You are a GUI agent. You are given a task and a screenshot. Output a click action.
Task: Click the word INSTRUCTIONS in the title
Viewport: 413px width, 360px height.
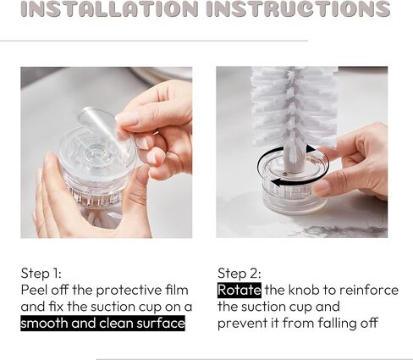[299, 8]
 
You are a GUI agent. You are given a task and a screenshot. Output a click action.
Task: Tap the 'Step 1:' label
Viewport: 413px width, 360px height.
[41, 274]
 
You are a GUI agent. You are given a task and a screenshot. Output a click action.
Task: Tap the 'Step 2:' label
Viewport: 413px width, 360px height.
[240, 274]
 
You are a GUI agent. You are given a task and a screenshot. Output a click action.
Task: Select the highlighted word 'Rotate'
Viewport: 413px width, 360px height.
[240, 290]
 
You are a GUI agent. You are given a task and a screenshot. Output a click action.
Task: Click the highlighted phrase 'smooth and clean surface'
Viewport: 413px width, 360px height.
[102, 323]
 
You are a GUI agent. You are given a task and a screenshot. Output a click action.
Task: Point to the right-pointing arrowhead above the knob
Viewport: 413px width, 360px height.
[311, 149]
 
